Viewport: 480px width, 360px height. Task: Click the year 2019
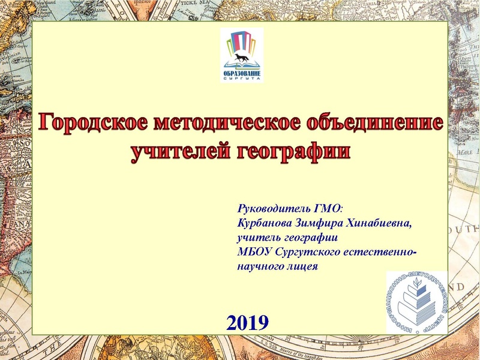(x=247, y=323)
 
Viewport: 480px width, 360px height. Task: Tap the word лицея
(x=302, y=265)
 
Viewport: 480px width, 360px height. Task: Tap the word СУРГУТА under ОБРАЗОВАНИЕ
(x=241, y=78)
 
